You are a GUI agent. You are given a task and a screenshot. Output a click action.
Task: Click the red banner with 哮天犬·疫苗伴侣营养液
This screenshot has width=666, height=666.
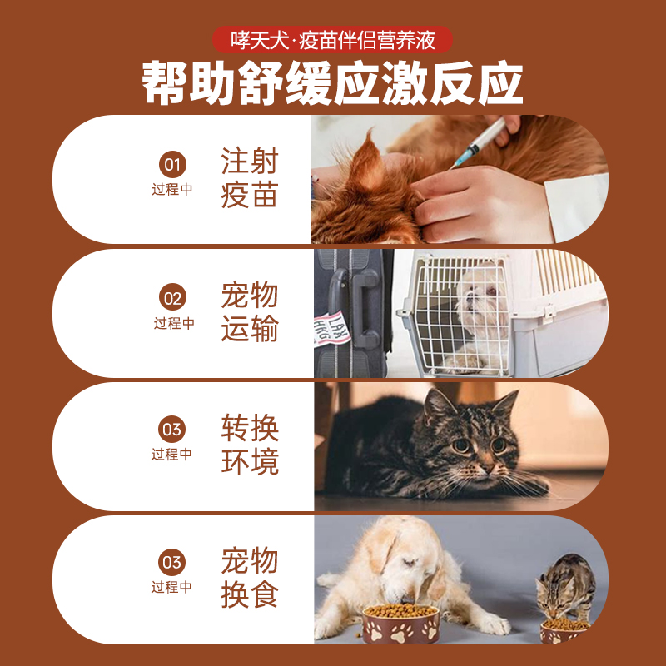pyautogui.click(x=332, y=40)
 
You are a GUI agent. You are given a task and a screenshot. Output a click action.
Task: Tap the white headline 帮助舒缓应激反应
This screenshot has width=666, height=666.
pyautogui.click(x=332, y=82)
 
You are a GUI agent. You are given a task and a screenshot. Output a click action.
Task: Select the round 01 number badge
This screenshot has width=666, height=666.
pyautogui.click(x=172, y=164)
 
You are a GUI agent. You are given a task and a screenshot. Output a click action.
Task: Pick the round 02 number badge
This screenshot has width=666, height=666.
pyautogui.click(x=172, y=297)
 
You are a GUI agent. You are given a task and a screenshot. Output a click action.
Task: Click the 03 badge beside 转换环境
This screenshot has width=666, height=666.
pyautogui.click(x=171, y=429)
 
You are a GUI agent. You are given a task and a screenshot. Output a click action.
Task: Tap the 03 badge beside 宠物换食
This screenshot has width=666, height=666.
pyautogui.click(x=171, y=563)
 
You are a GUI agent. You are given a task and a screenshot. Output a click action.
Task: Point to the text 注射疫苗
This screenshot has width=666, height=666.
pyautogui.click(x=250, y=177)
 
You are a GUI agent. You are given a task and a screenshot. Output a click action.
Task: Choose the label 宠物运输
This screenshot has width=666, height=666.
pyautogui.click(x=250, y=311)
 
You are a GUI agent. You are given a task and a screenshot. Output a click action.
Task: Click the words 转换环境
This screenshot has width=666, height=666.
pyautogui.click(x=250, y=445)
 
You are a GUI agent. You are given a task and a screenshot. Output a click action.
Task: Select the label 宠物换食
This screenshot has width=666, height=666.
pyautogui.click(x=250, y=578)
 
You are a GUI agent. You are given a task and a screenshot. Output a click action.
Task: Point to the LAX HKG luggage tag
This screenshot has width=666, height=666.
pyautogui.click(x=331, y=329)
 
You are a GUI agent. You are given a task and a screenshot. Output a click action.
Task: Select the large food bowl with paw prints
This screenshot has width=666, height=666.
pyautogui.click(x=401, y=623)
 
